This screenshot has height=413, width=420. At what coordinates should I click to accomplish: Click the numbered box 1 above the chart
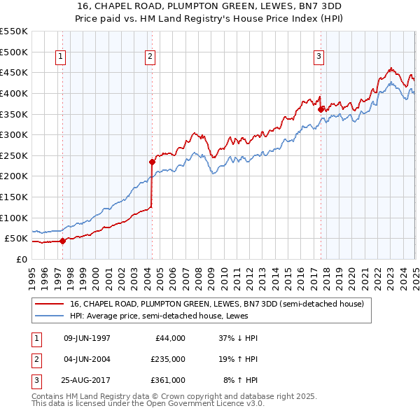click(62, 57)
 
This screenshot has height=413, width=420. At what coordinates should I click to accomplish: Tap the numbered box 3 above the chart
click(319, 57)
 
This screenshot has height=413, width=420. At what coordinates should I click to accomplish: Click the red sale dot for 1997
click(62, 241)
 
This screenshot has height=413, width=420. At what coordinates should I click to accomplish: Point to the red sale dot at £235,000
click(152, 162)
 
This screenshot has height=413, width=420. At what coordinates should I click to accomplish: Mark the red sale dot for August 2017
click(321, 109)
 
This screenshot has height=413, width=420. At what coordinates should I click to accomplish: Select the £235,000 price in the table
click(168, 359)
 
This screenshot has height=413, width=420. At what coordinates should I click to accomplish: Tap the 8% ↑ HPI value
click(241, 380)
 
